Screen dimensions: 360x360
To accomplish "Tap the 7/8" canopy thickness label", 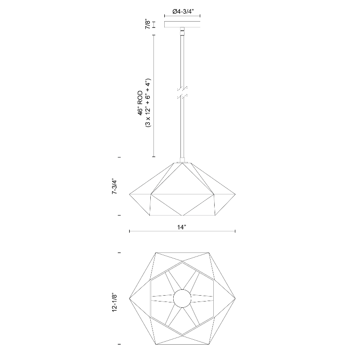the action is click(x=148, y=24).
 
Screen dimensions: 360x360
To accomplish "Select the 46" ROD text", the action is click(x=140, y=103).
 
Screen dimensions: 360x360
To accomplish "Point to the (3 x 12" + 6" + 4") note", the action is click(x=148, y=103).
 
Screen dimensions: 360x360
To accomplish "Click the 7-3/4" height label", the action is click(x=114, y=186).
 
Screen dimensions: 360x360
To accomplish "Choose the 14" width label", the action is click(x=181, y=227).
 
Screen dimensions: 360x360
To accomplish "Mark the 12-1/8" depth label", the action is click(x=115, y=302).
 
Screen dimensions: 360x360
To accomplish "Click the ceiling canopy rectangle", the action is click(x=182, y=24).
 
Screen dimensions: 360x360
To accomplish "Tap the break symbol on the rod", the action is click(x=182, y=93).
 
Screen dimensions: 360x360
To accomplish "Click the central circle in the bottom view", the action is click(x=182, y=298).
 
